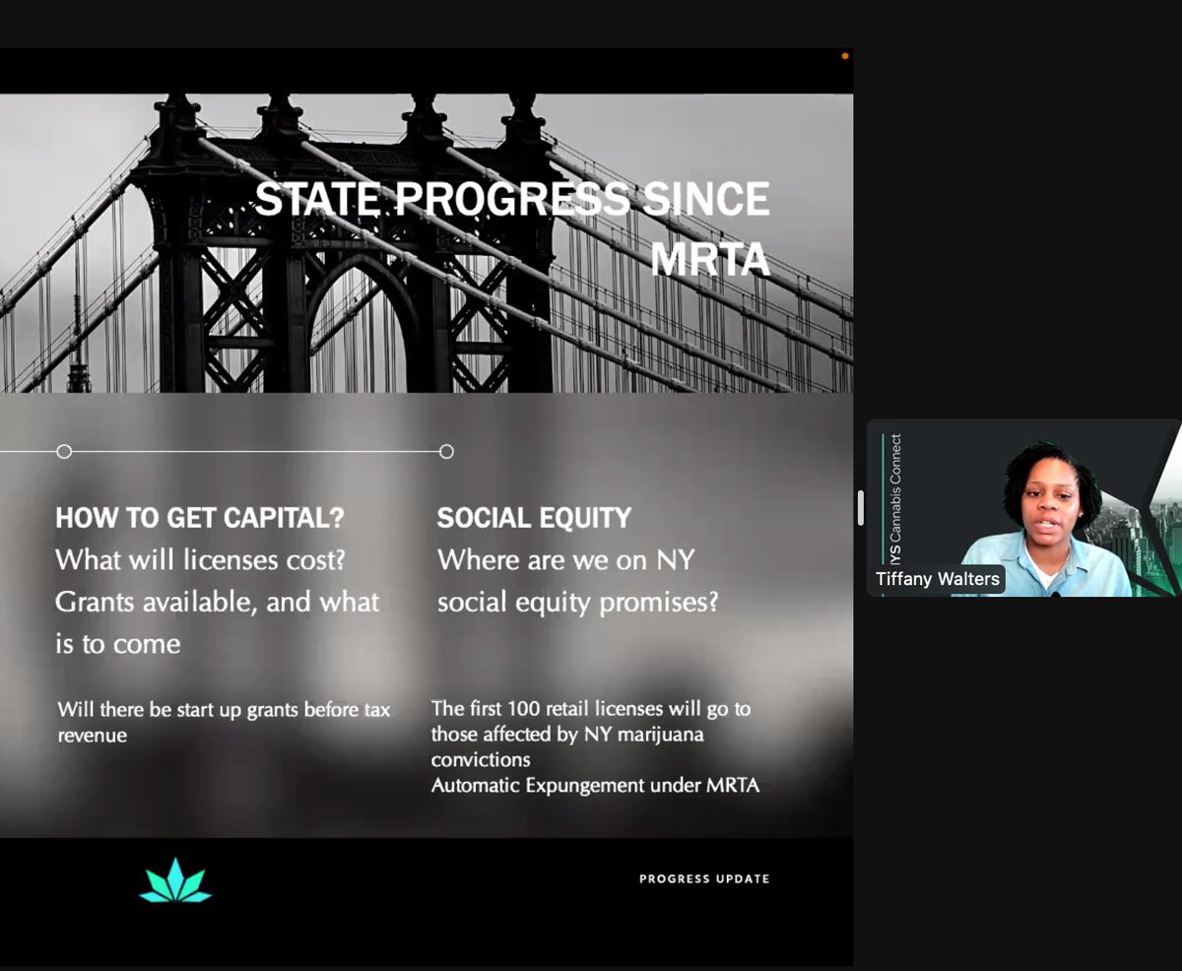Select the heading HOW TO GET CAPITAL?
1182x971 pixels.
tap(200, 518)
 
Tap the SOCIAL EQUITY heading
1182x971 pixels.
tap(534, 518)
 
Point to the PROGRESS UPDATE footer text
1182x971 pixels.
tap(704, 878)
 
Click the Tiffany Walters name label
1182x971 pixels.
tap(938, 579)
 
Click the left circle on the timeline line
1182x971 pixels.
tap(64, 451)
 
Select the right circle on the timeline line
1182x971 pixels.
tap(446, 451)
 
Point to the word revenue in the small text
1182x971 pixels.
tap(93, 735)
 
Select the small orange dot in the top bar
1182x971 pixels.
tap(845, 56)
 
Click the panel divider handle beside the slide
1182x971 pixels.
tap(860, 507)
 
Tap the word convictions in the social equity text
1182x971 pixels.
tap(481, 760)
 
